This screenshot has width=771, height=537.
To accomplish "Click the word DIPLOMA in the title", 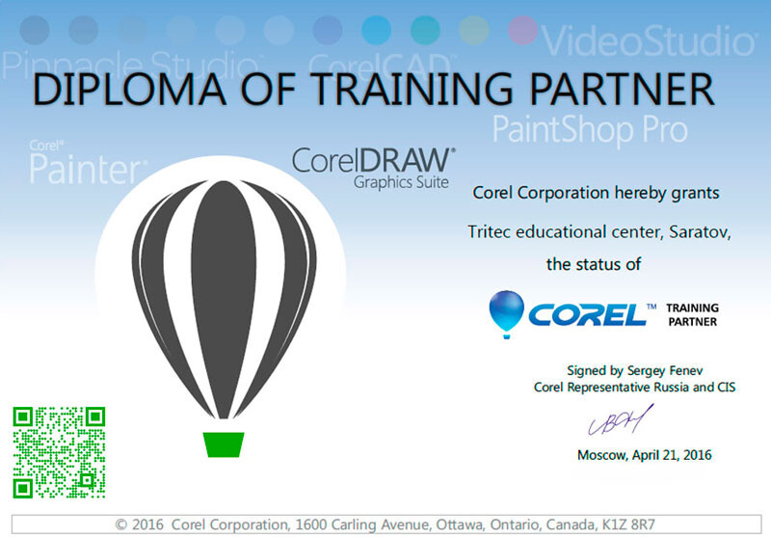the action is point(129,89).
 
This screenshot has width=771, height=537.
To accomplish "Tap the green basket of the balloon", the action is point(224,444).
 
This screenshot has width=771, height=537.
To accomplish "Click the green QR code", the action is point(59,452).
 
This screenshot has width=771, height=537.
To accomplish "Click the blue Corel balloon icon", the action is point(507,313).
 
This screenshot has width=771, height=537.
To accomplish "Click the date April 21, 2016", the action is point(672,455).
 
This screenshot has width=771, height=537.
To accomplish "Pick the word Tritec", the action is point(490,231).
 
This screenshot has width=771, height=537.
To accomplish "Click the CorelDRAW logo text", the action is point(374,160).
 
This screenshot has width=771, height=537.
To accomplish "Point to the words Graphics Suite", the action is point(401,182).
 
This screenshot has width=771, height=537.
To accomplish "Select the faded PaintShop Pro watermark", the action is point(590,129).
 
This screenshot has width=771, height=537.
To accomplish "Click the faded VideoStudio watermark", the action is point(648,40).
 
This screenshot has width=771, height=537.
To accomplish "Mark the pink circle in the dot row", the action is point(522,30).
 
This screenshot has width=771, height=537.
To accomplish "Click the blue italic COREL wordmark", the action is point(588,314).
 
